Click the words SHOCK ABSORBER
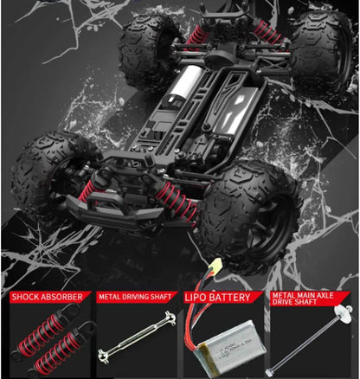(x=47, y=297)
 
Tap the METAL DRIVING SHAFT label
(x=135, y=297)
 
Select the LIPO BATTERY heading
(x=217, y=298)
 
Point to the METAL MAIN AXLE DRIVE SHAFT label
(x=303, y=299)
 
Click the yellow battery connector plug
(x=216, y=263)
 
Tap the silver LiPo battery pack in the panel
(x=232, y=344)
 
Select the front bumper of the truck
(x=114, y=209)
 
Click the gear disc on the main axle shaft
(x=343, y=313)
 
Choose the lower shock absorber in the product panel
(x=62, y=348)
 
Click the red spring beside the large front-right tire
(x=177, y=201)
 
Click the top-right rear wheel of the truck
(x=322, y=49)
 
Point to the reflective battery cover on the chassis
(x=235, y=110)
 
